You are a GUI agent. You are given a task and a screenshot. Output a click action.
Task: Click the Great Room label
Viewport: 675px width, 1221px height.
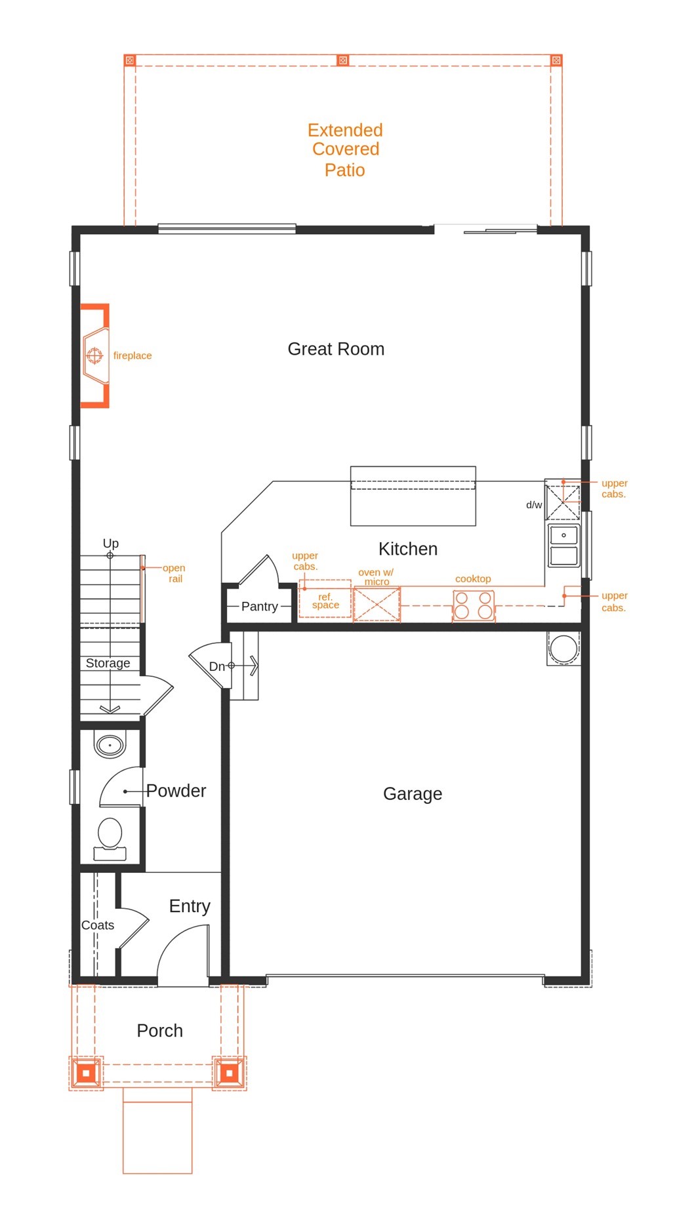click(x=336, y=349)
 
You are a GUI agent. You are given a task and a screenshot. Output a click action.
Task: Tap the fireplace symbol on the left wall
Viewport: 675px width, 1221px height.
click(x=95, y=355)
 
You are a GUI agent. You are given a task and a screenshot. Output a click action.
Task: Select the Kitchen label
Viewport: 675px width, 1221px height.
click(x=407, y=549)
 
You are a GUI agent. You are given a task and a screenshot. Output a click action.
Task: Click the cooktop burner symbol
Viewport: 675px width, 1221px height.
click(x=473, y=606)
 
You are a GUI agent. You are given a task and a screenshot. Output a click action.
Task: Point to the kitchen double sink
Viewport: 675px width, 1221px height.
click(x=563, y=545)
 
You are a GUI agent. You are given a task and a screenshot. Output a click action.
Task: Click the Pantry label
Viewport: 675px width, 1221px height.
click(x=260, y=607)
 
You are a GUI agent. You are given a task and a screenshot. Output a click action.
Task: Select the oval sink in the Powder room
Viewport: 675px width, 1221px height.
click(x=110, y=746)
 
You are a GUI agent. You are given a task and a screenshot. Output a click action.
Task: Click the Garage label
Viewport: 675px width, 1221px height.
click(x=413, y=793)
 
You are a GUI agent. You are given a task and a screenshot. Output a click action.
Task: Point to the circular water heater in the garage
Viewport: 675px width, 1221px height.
click(x=563, y=649)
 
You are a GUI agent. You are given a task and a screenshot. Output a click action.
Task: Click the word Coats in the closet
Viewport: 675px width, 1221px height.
click(x=98, y=925)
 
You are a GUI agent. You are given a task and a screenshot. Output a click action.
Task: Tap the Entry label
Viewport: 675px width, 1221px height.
click(x=190, y=906)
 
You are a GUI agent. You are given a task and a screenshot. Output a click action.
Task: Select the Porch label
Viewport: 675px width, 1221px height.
click(x=159, y=1031)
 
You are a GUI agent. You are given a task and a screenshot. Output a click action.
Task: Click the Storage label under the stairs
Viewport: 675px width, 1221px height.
click(x=108, y=663)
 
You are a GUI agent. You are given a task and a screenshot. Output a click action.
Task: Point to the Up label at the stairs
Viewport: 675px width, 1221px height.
click(x=111, y=543)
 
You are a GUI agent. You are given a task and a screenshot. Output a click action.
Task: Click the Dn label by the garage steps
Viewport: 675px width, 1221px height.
click(x=216, y=666)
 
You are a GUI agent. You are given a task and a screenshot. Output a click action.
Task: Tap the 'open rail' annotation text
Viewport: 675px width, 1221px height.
click(x=174, y=573)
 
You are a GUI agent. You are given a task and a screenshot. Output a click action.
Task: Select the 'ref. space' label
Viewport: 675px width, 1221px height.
click(x=325, y=601)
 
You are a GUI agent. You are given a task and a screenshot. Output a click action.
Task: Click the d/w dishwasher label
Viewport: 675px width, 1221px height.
click(x=534, y=505)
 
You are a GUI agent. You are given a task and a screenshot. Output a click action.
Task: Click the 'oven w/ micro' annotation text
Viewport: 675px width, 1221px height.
click(x=376, y=576)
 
